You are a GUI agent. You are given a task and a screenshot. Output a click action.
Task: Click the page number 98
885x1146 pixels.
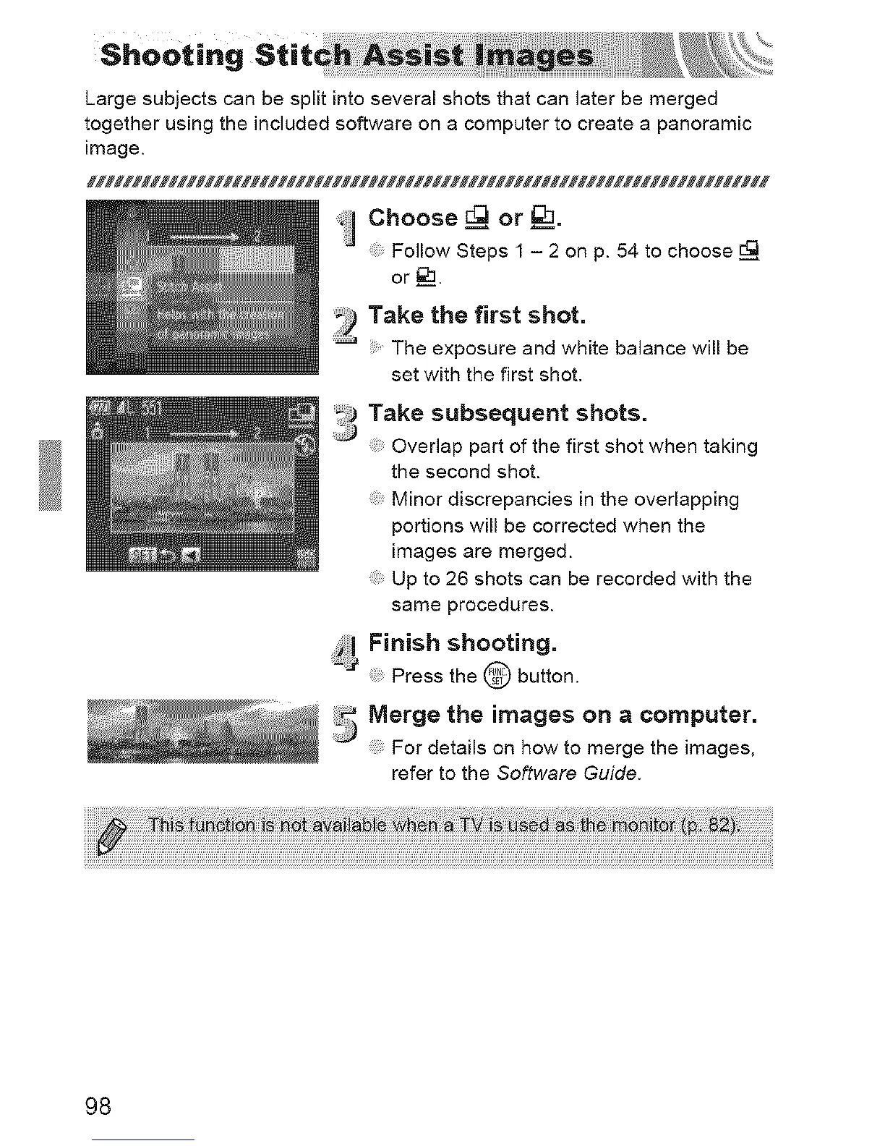tap(98, 1106)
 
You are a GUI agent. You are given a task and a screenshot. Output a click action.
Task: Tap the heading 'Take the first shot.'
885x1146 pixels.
tap(476, 315)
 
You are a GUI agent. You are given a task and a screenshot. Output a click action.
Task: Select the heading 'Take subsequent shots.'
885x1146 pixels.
tap(508, 413)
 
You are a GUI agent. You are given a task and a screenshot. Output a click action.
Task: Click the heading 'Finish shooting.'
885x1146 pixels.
tap(463, 642)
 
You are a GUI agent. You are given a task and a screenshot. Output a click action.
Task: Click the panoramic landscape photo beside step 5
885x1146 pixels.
tap(202, 731)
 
